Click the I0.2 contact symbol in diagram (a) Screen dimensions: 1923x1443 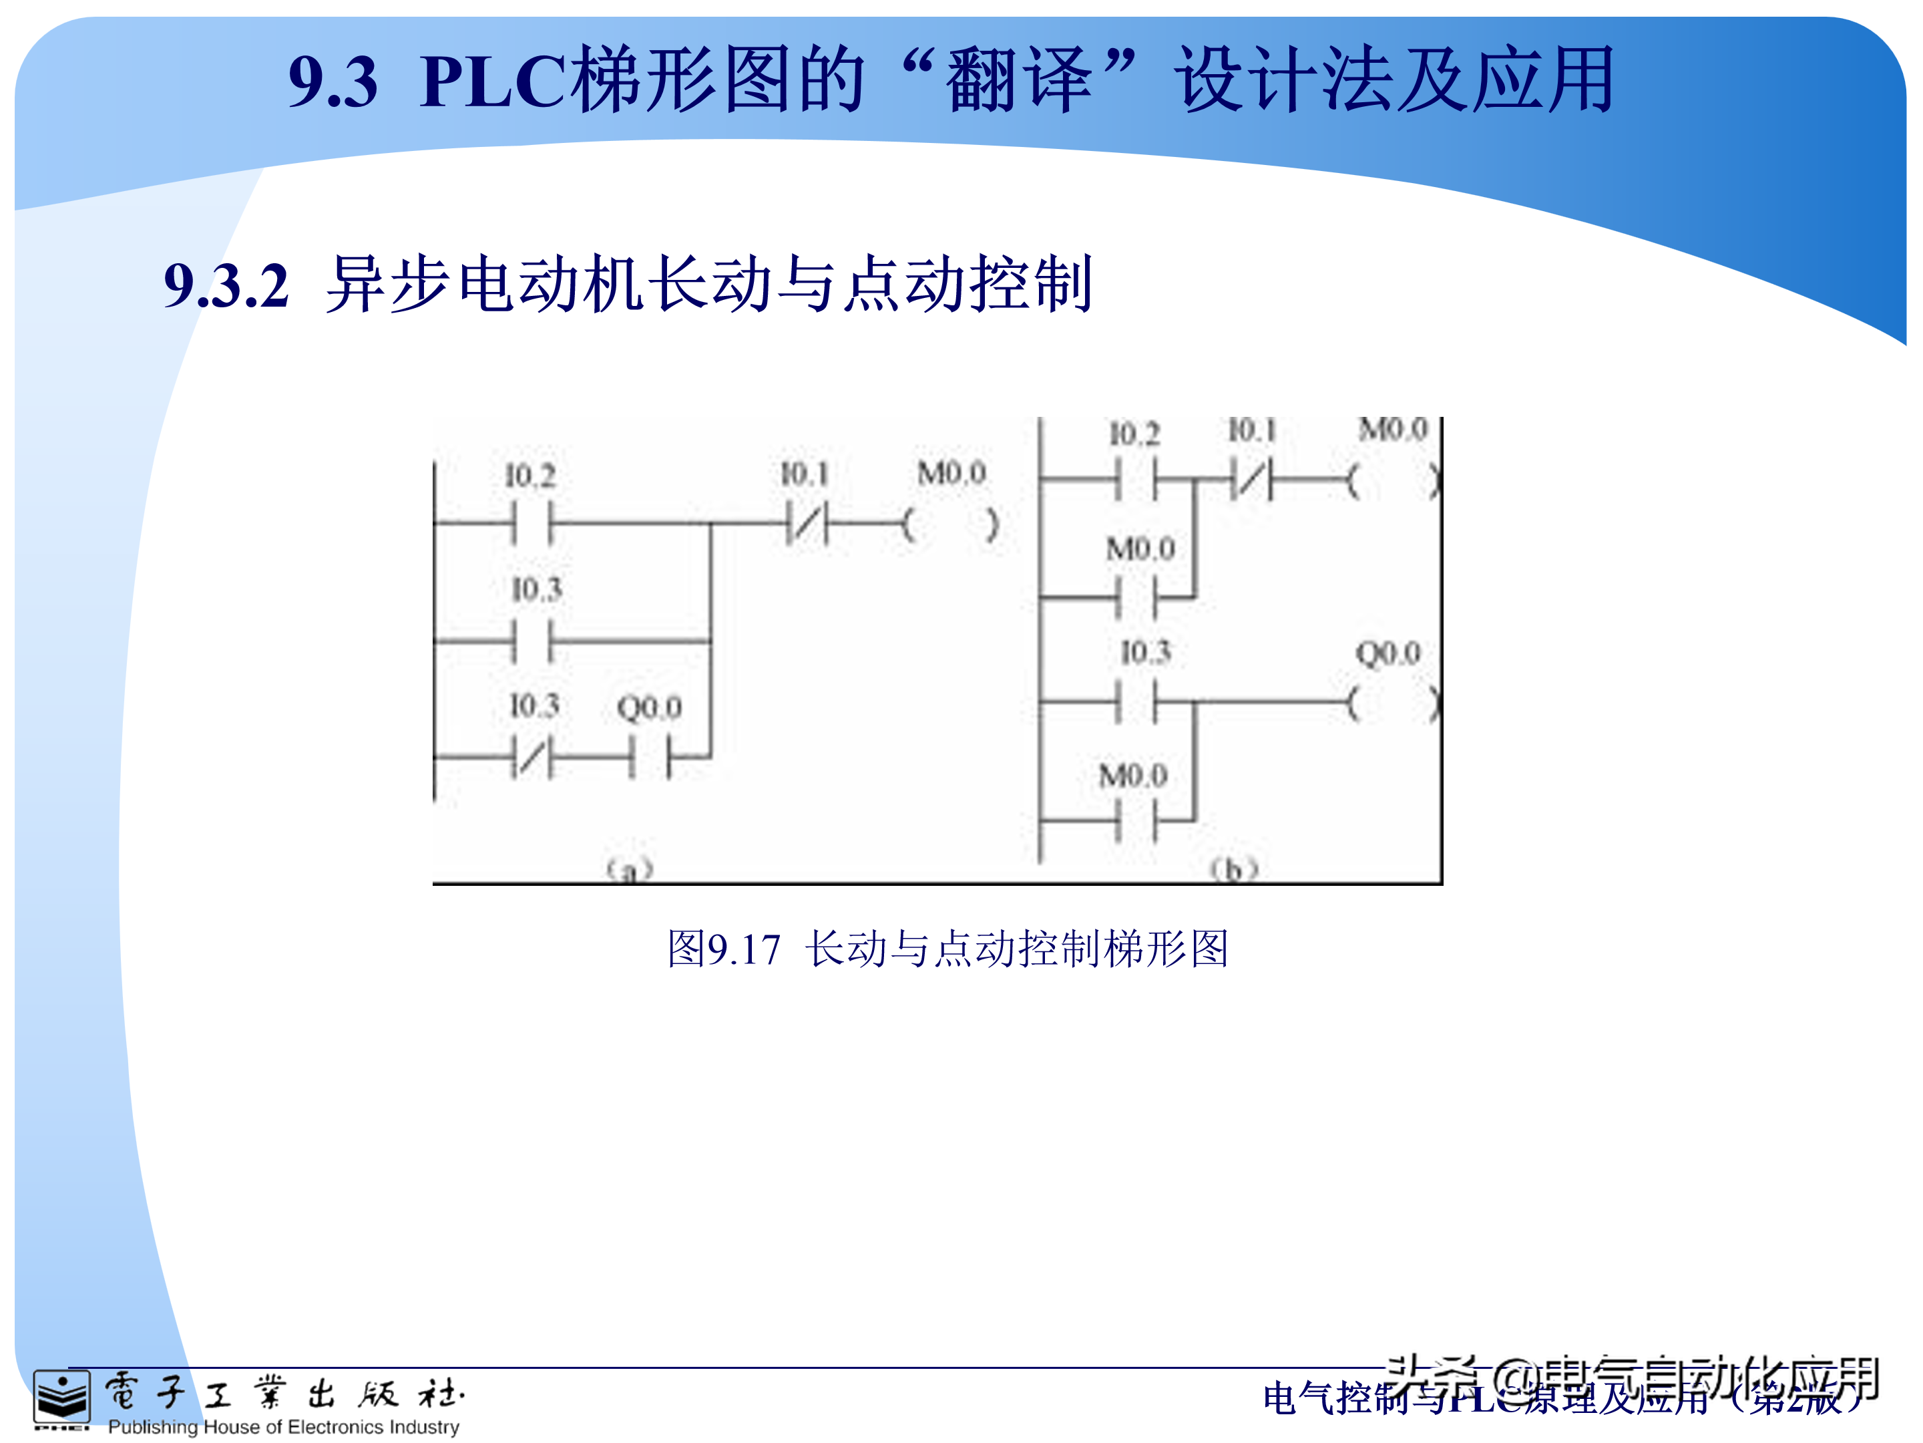click(x=531, y=524)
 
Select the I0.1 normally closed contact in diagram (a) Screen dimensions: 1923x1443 click(x=806, y=524)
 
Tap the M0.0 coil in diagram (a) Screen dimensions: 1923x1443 click(x=950, y=524)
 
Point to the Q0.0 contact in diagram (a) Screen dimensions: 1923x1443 click(x=650, y=757)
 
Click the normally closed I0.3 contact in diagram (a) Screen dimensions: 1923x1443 click(x=531, y=757)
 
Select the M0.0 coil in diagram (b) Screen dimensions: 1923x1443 click(x=1394, y=479)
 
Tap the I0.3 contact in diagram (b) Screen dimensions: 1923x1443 click(x=1136, y=701)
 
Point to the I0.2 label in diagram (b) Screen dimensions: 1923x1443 click(x=1134, y=433)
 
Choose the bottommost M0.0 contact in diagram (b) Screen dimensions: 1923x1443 click(x=1136, y=820)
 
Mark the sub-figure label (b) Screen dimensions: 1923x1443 click(x=1235, y=868)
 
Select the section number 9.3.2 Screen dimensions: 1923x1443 click(x=226, y=285)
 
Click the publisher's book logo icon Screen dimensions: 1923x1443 click(x=61, y=1398)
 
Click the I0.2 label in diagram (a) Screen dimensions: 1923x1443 click(x=530, y=476)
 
